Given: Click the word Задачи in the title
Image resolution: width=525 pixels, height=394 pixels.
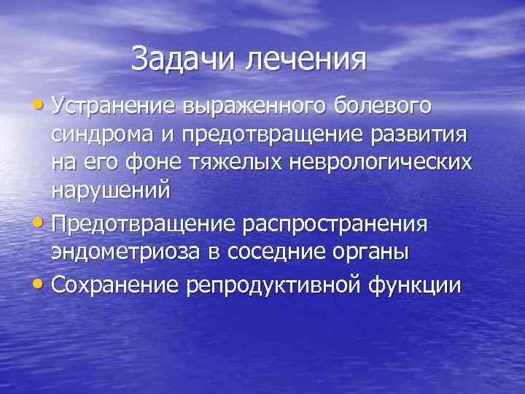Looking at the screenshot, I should click(x=185, y=58).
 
